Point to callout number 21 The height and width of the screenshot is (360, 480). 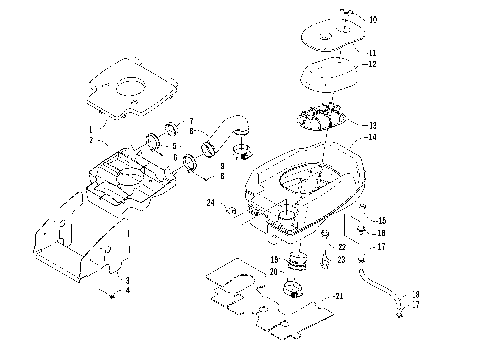[339, 297]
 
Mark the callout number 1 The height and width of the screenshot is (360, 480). [89, 129]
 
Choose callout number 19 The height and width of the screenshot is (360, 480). [274, 258]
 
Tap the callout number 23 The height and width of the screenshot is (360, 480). [341, 259]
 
